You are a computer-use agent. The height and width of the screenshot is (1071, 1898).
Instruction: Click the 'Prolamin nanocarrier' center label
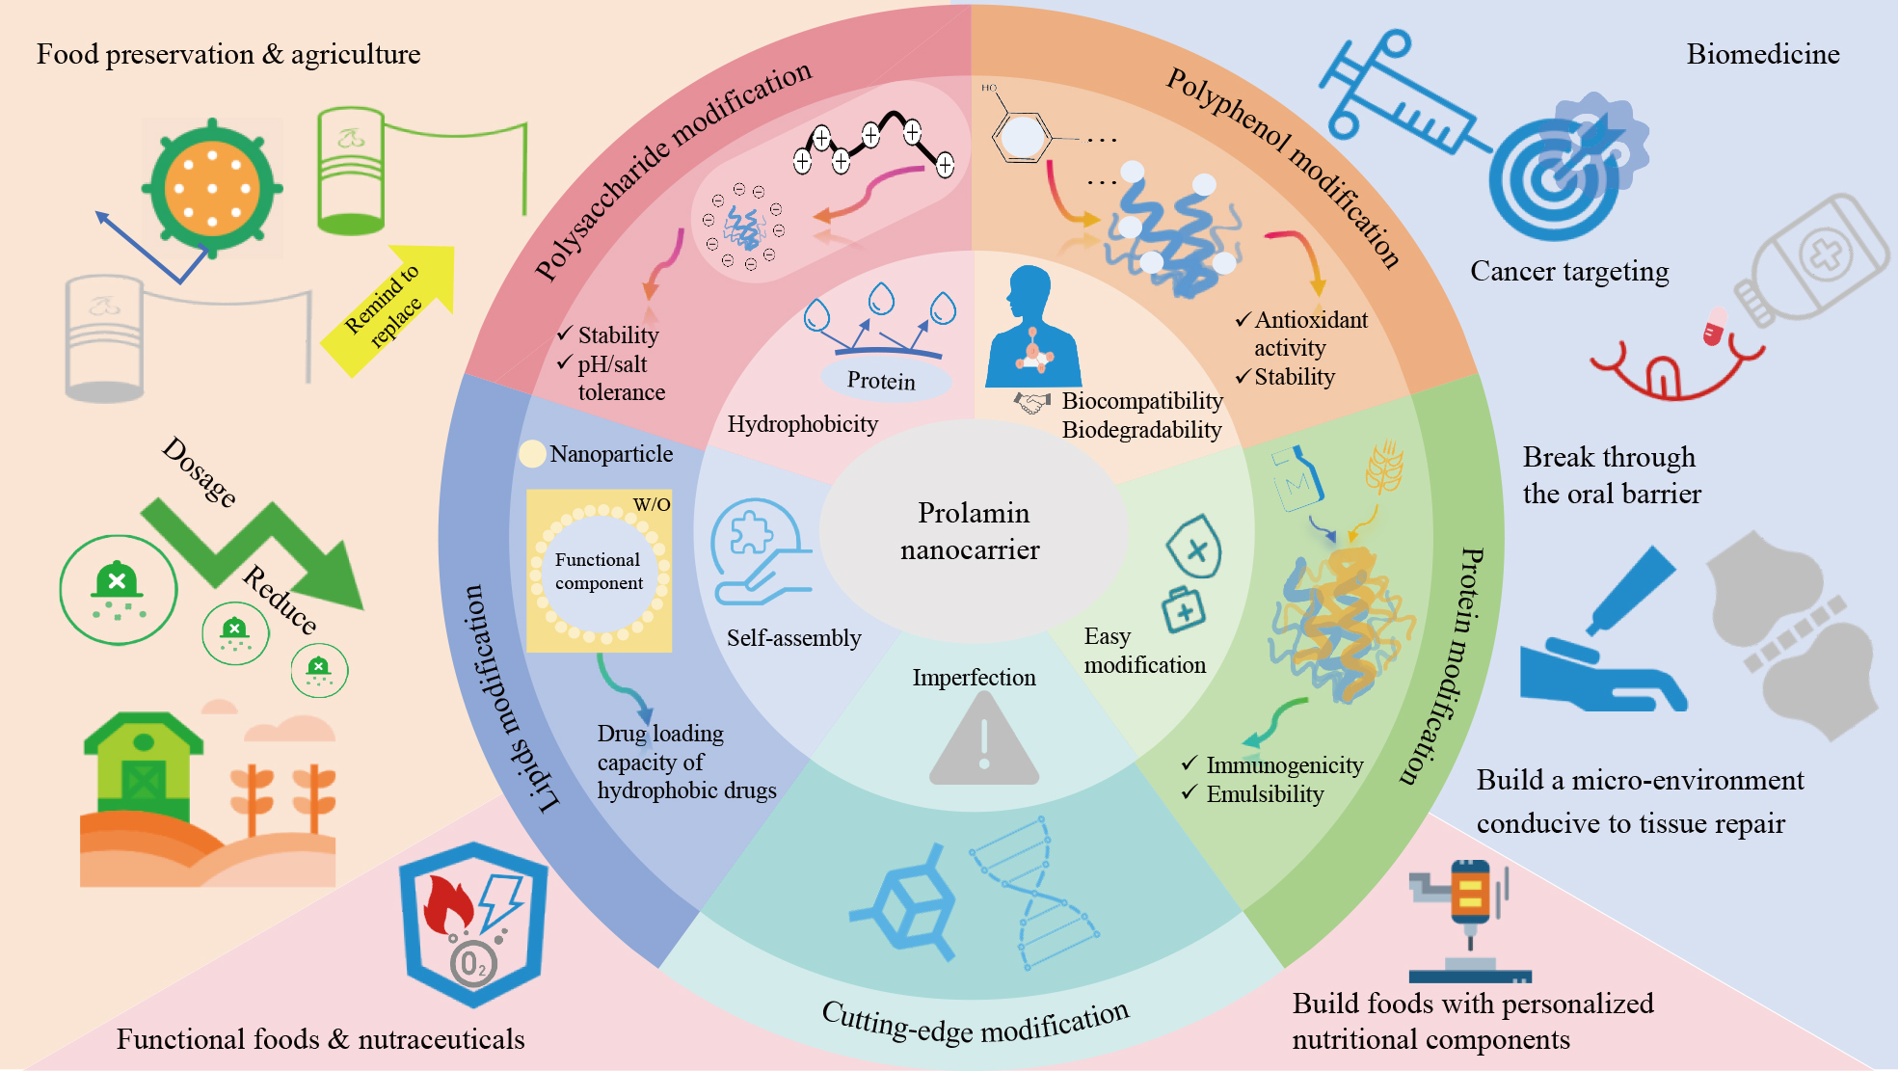[x=972, y=531]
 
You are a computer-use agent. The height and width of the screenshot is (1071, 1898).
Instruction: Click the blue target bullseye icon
[x=1554, y=179]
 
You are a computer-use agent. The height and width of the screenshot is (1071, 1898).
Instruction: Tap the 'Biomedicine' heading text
[x=1762, y=54]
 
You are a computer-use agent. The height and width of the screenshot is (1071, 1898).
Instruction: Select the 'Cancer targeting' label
[x=1568, y=272]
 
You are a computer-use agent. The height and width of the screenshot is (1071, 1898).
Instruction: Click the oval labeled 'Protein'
[x=883, y=380]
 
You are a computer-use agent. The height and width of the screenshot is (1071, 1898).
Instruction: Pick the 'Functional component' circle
[x=599, y=572]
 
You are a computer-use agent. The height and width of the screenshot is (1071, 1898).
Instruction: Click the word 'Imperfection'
[x=974, y=678]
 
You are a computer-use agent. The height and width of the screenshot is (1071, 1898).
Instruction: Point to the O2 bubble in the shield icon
[x=473, y=963]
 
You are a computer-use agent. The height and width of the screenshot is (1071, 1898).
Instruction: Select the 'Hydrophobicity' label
[x=802, y=424]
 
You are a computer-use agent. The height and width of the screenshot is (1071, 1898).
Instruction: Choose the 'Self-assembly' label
[x=793, y=638]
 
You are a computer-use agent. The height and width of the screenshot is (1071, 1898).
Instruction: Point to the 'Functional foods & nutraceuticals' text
[x=320, y=1039]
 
